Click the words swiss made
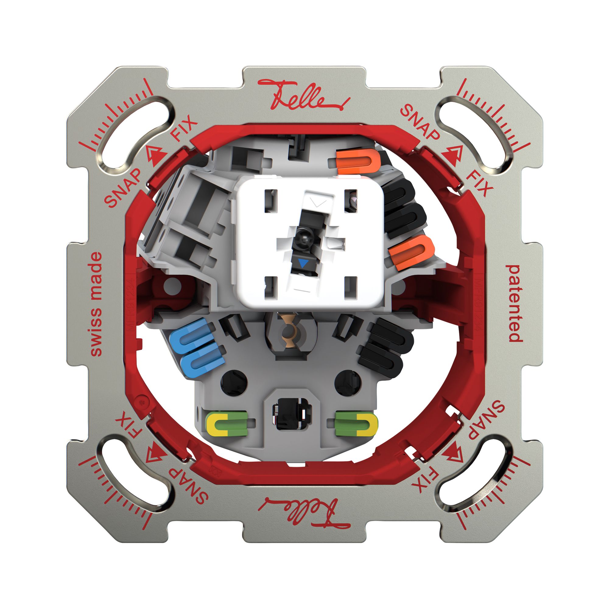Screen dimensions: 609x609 coord(96,304)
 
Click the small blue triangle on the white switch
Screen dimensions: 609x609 coord(303,263)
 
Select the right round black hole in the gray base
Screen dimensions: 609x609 coord(347,382)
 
